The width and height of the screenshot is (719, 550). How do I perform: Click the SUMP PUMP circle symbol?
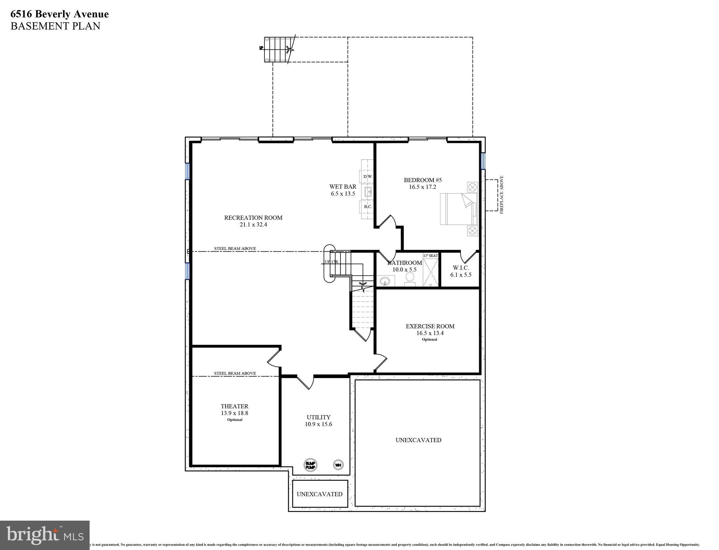[x=310, y=465]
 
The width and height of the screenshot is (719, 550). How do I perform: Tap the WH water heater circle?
[x=338, y=465]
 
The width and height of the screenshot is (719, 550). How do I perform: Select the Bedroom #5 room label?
[x=420, y=180]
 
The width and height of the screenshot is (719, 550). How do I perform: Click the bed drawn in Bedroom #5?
[x=458, y=209]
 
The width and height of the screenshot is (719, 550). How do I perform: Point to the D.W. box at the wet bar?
[x=368, y=177]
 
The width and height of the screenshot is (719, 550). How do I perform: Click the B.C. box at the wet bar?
[x=368, y=207]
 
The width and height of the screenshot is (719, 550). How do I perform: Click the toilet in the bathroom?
[x=410, y=279]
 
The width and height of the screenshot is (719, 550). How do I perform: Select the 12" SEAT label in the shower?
[x=430, y=256]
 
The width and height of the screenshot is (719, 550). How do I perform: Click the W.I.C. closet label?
[x=461, y=268]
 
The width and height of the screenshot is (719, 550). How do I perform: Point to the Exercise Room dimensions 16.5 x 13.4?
[x=430, y=333]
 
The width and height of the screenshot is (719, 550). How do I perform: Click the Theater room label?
[x=234, y=406]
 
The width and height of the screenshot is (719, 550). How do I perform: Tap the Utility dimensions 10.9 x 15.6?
[x=318, y=424]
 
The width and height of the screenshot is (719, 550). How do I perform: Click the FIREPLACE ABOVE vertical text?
[x=501, y=195]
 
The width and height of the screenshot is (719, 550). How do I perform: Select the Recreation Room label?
[x=253, y=218]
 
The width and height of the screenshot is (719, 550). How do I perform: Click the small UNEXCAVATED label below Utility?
[x=319, y=494]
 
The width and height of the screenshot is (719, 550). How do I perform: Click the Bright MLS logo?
[x=45, y=535]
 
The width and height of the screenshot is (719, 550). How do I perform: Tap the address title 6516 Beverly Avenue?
[x=59, y=14]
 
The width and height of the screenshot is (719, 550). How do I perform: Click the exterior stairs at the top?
[x=277, y=49]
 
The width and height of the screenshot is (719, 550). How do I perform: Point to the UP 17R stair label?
[x=331, y=262]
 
